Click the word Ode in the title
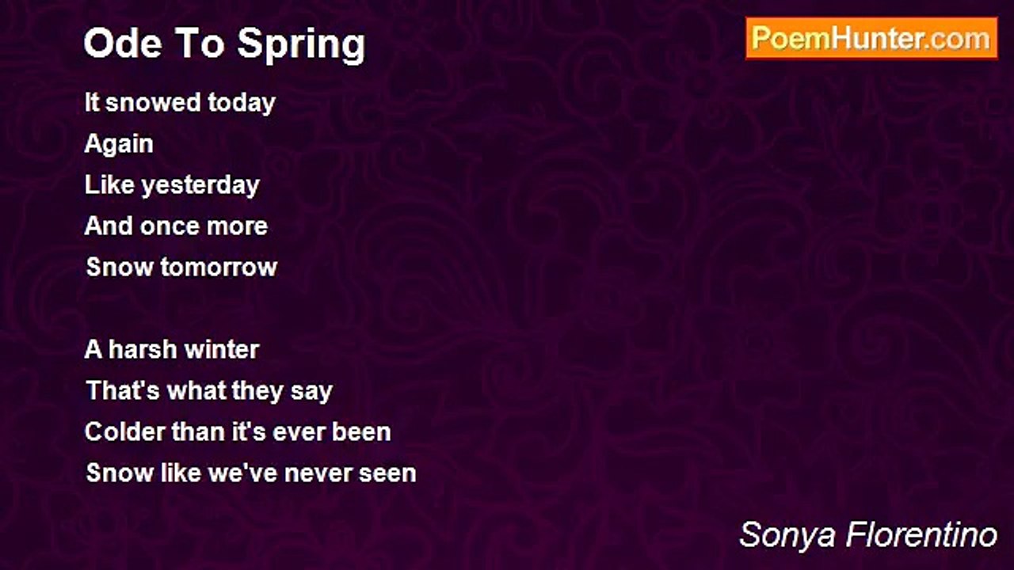pos(123,44)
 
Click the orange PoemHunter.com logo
pos(871,39)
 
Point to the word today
pos(242,104)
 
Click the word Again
pos(119,145)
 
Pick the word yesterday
pos(200,186)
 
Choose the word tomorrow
pos(219,268)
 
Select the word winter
pos(222,350)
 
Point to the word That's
pos(123,390)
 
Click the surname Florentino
pos(921,534)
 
